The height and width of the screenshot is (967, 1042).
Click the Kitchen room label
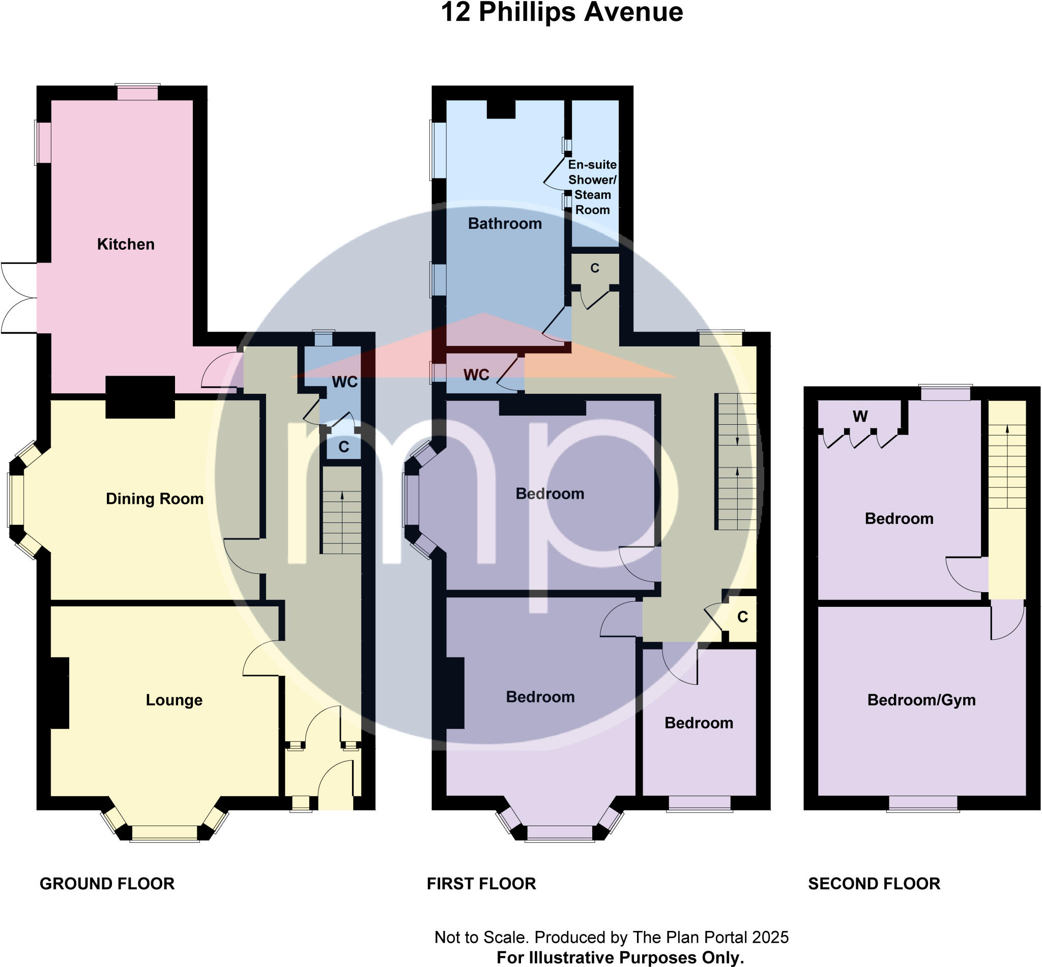(x=126, y=244)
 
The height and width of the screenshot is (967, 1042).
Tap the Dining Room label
(x=154, y=499)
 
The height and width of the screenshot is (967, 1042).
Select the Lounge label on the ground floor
(x=174, y=700)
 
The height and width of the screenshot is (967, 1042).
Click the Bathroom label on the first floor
(x=505, y=224)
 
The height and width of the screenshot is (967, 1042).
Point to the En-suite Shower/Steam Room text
(x=592, y=187)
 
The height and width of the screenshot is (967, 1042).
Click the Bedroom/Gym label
(x=921, y=700)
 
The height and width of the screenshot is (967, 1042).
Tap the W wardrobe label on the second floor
(x=860, y=417)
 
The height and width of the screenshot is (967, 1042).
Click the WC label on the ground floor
(x=344, y=383)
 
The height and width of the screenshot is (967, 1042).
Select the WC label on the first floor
(x=476, y=375)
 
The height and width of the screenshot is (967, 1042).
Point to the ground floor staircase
(x=341, y=522)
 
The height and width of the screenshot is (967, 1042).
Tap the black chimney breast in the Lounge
(x=59, y=693)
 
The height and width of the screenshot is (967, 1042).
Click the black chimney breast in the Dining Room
(x=140, y=397)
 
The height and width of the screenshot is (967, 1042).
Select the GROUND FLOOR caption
(x=107, y=884)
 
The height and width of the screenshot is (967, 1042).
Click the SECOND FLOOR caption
(x=874, y=884)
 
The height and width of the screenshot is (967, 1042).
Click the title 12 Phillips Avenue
(x=562, y=13)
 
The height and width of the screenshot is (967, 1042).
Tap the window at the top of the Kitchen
(x=137, y=93)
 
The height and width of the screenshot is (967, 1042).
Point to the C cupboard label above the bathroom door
(x=595, y=269)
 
